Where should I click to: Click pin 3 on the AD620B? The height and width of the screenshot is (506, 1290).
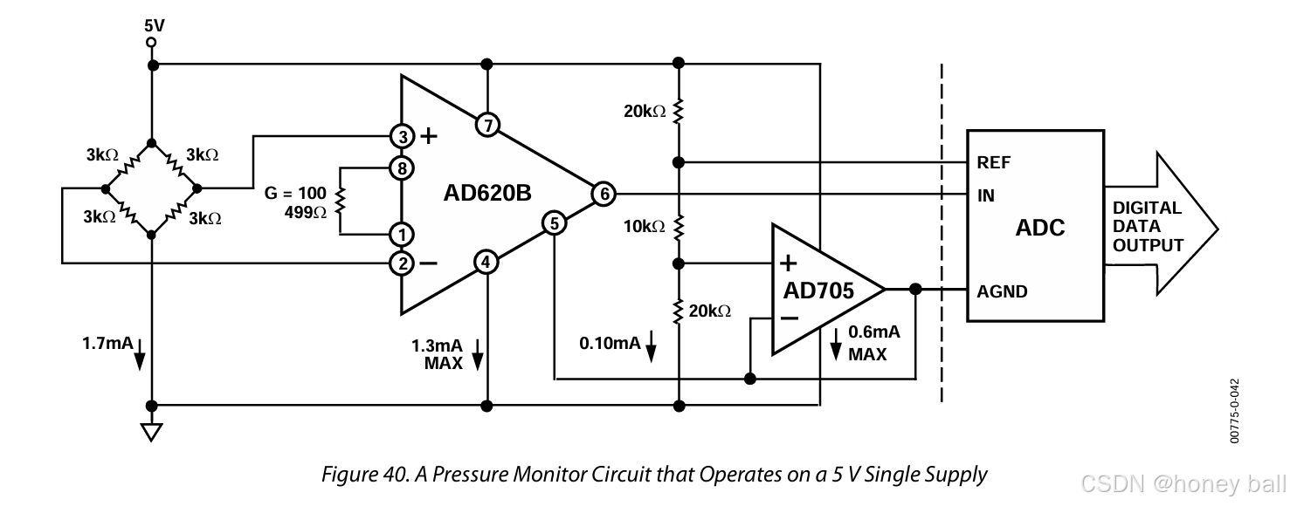point(402,136)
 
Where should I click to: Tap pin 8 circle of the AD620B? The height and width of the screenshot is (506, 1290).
point(402,168)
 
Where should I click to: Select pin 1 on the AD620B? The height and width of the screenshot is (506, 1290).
point(402,234)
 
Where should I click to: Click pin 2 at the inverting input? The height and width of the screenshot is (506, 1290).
point(402,262)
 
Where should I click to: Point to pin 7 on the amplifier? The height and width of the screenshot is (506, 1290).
point(487,126)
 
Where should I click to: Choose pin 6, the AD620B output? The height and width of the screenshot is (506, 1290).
point(603,194)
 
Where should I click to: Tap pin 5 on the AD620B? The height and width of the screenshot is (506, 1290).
point(555,224)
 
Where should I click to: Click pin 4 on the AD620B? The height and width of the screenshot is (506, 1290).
point(487,261)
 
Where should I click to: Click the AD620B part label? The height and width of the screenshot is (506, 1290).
point(487,194)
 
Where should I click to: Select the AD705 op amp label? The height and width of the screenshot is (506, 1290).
point(821,290)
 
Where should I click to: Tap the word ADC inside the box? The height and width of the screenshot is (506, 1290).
point(1040,229)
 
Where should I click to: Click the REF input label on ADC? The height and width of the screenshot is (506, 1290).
point(994,163)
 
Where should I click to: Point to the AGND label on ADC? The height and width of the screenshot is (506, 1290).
point(1002,291)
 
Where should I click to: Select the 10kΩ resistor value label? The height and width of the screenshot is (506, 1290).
point(645,227)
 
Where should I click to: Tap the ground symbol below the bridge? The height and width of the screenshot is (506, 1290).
point(152,432)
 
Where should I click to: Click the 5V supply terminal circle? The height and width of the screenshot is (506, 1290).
point(152,42)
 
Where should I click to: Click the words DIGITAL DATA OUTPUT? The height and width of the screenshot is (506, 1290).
point(1148,227)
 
